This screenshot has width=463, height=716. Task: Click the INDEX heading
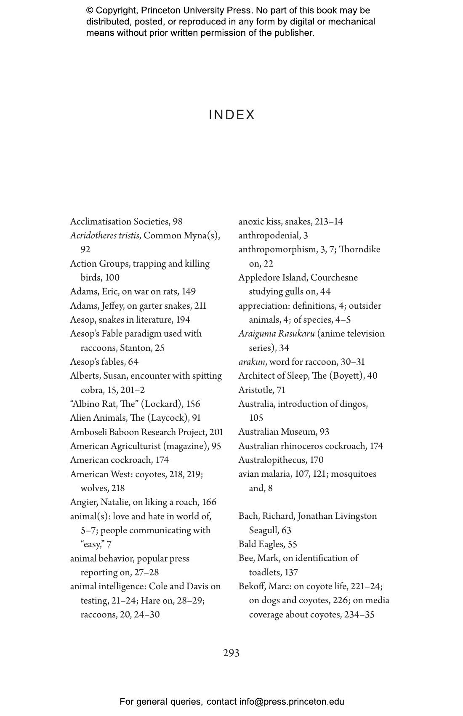coord(232,115)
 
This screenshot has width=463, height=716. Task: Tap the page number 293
coord(231,653)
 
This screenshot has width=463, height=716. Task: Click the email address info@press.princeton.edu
coord(292,702)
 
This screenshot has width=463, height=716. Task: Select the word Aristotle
coord(255,390)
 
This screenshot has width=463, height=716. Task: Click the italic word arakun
coord(252,362)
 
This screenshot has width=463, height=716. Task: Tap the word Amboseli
coord(88,432)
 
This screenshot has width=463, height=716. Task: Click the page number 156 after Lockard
coord(193,404)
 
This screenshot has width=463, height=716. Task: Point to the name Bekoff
coord(252,586)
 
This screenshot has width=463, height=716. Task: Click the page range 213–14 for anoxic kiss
coord(329,222)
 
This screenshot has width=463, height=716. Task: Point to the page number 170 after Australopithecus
coord(317,460)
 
